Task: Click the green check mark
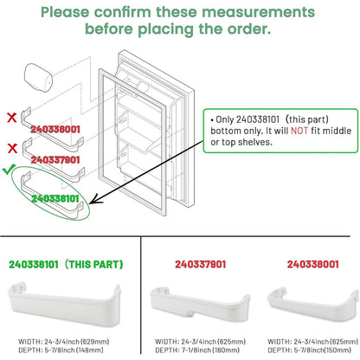pos(9,170)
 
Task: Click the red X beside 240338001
pos(12,118)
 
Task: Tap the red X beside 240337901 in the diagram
pos(12,148)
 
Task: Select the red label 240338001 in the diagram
pos(55,129)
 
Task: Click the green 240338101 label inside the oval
pos(55,198)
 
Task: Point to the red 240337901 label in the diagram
pos(55,160)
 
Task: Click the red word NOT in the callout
pos(299,131)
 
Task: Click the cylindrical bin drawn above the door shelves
pos(38,78)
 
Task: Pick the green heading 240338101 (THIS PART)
pos(66,264)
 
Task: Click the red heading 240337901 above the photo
pos(201,264)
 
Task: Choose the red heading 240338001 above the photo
pos(312,264)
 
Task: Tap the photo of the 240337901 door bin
pos(200,306)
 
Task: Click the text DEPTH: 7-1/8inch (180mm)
pos(197,350)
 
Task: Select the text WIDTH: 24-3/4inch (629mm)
pos(64,342)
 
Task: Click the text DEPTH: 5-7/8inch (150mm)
pos(310,350)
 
